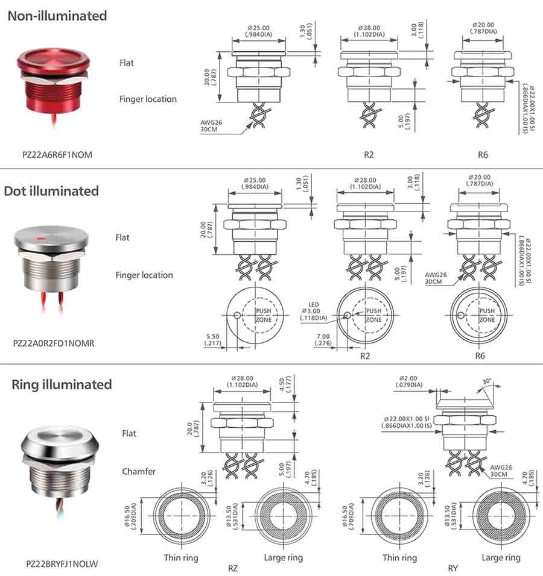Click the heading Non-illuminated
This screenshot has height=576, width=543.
point(57,16)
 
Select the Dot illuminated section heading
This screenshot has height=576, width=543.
point(51,191)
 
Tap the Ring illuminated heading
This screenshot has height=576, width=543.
point(62,384)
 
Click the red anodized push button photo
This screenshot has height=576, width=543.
point(56,84)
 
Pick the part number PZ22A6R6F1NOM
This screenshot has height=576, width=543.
point(57,155)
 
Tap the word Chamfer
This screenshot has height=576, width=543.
point(139,471)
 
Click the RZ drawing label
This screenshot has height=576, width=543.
point(232,568)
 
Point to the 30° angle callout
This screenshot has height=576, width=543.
point(487,381)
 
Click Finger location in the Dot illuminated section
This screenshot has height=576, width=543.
point(144,275)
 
